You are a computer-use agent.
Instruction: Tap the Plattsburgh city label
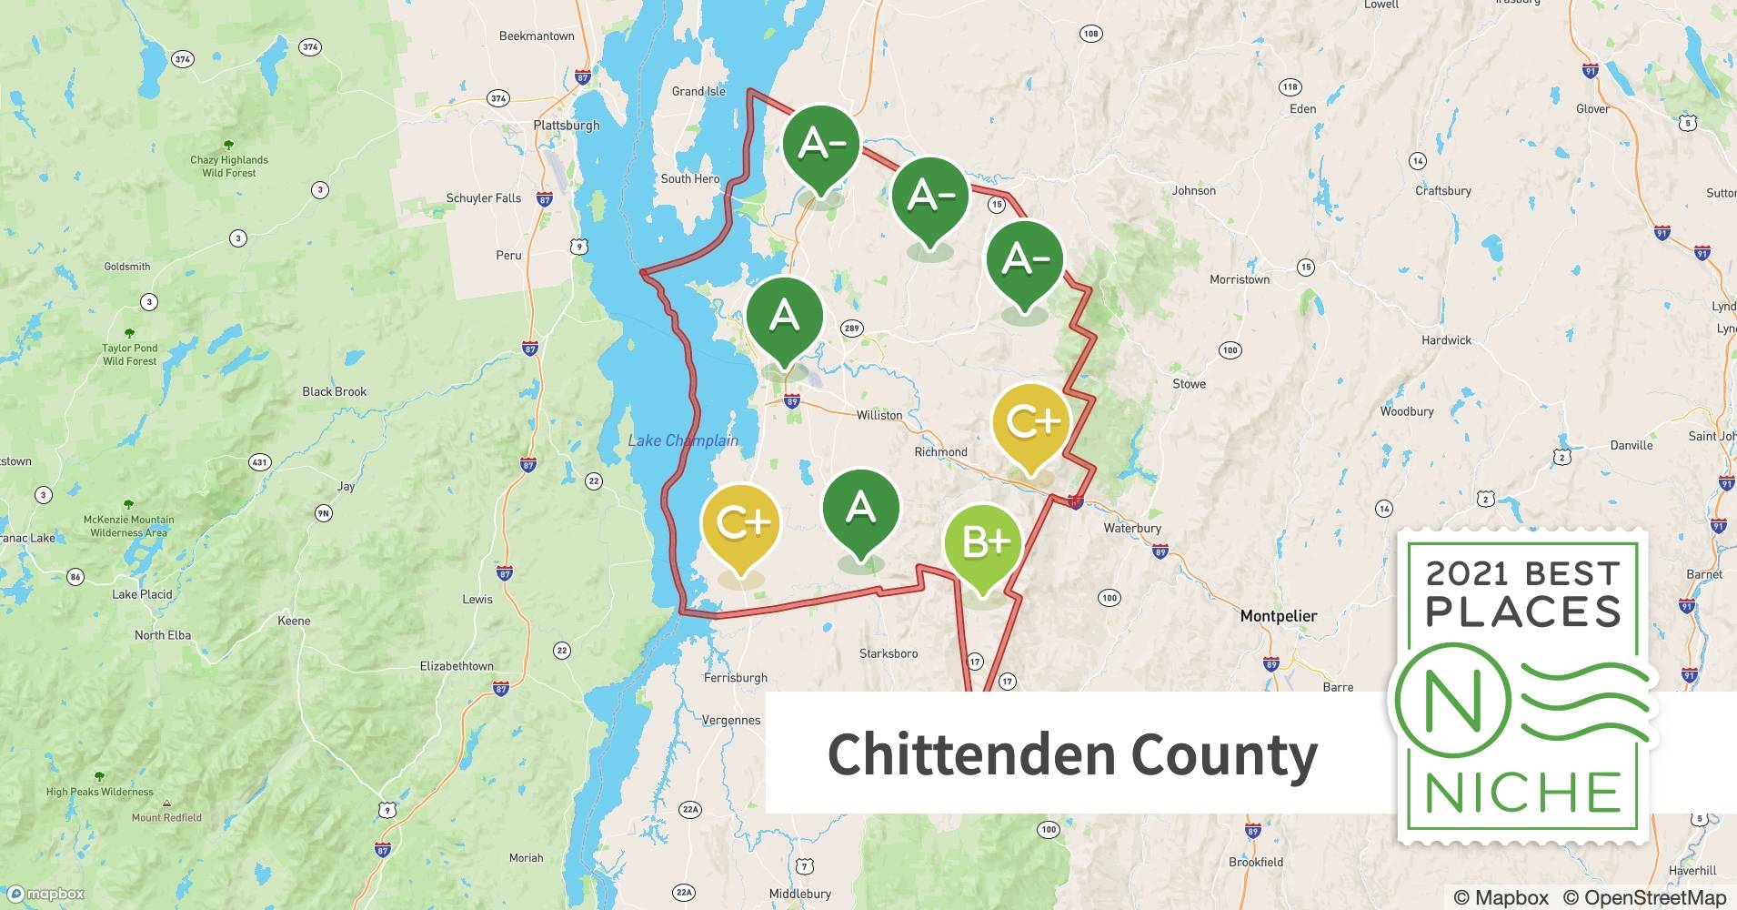click(x=567, y=126)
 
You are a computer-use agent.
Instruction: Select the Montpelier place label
click(x=1278, y=616)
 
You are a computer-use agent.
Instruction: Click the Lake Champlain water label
click(x=683, y=440)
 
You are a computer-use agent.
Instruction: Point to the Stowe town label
click(x=1189, y=384)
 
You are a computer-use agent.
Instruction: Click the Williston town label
click(x=879, y=415)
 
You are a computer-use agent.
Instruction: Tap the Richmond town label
click(x=940, y=451)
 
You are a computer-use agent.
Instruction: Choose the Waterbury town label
click(x=1131, y=528)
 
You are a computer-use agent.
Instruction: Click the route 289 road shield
click(x=851, y=329)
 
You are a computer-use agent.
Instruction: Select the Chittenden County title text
click(x=1071, y=754)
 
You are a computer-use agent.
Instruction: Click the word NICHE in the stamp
click(x=1523, y=793)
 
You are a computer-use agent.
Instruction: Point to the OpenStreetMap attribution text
click(x=1644, y=897)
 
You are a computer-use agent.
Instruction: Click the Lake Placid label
click(x=142, y=594)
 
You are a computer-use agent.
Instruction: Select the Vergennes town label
click(x=730, y=720)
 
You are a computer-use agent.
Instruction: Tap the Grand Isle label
click(x=698, y=91)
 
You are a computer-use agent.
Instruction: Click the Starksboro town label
click(x=888, y=653)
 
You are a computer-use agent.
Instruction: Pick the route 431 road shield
click(x=260, y=462)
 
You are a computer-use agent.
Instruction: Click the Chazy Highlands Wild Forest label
click(x=229, y=166)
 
